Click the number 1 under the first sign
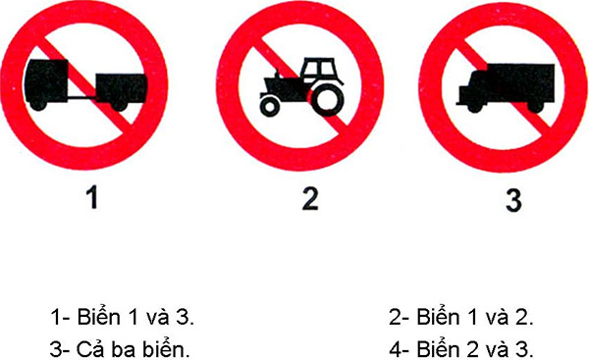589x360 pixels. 92,199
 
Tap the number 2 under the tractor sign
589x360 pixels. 310,199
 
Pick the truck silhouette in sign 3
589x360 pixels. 503,83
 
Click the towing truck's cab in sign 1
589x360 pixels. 50,83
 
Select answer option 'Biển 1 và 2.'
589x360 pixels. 465,317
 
